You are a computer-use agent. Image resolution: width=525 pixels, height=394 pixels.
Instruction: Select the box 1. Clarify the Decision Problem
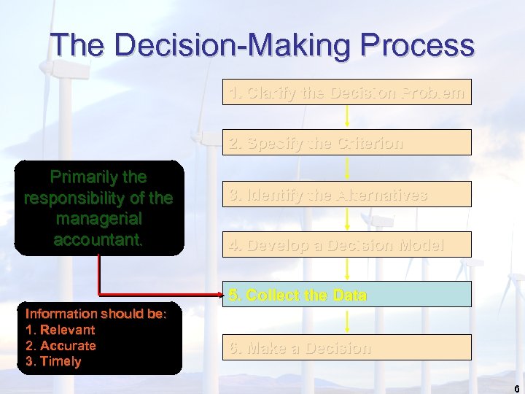coord(346,93)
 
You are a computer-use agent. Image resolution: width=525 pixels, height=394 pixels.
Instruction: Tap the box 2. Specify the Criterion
coord(346,143)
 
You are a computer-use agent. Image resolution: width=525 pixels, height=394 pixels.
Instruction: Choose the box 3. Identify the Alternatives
coord(346,195)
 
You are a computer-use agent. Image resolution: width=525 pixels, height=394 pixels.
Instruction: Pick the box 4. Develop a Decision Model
coord(346,245)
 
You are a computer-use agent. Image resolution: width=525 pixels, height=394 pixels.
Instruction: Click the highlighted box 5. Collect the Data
coord(346,295)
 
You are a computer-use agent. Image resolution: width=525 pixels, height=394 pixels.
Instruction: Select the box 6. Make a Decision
coord(346,347)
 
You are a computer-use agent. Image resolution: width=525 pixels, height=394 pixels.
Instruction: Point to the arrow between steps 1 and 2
coord(347,117)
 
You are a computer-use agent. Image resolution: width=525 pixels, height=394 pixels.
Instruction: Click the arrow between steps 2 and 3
coord(347,168)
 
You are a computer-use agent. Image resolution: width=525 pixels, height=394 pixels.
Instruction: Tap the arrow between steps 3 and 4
coord(347,219)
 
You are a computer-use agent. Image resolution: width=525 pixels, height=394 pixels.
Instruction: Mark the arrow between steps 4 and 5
coord(347,269)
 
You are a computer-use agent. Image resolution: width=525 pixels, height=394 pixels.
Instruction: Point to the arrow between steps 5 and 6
coord(347,321)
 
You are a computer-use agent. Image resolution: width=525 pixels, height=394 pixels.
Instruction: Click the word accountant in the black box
coord(98,239)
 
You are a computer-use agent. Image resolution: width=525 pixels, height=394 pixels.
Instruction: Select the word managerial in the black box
coord(98,218)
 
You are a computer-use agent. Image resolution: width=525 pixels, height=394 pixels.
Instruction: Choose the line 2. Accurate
coord(61,346)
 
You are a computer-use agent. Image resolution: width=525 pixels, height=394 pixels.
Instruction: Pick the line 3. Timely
coord(53,362)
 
